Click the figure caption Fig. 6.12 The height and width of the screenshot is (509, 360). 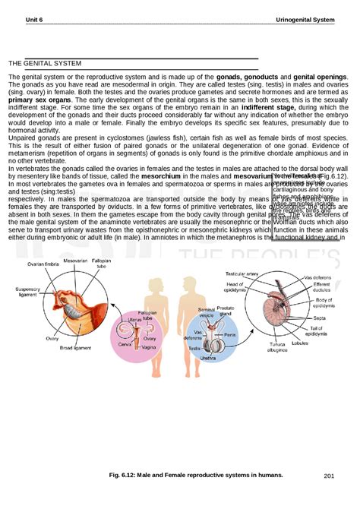pyautogui.click(x=197, y=475)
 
